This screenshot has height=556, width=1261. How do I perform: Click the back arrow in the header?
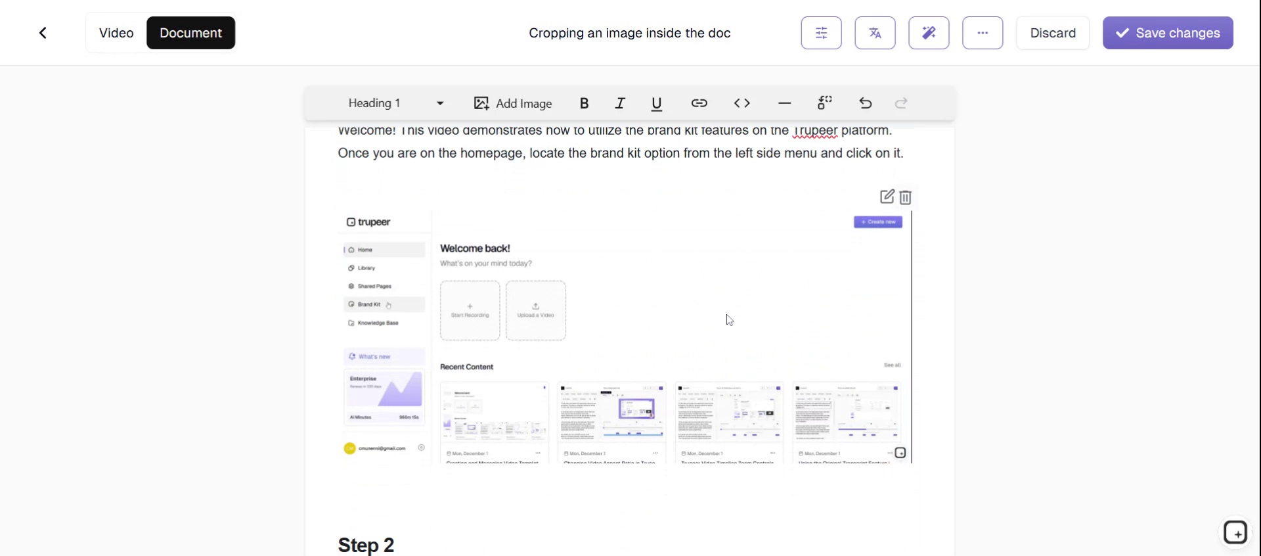pos(43,33)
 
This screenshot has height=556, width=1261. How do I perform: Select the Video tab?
pos(116,33)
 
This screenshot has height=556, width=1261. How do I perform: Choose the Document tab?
pos(190,33)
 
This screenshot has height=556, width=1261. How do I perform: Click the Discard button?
pos(1052,33)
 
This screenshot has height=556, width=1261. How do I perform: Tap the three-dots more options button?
pos(983,33)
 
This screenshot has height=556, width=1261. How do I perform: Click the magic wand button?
pos(929,33)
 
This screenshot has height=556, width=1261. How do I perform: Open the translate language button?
pos(875,33)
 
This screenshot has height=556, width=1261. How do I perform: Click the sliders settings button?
pos(821,33)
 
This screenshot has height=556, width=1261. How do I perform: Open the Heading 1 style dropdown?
pos(395,103)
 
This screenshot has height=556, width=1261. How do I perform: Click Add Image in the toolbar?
pos(513,103)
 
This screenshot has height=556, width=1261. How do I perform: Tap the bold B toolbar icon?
pos(584,103)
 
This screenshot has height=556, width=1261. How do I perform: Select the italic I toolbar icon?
pos(620,103)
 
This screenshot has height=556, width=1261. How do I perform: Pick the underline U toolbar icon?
pos(656,103)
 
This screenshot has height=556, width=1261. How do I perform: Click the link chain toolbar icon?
pos(699,103)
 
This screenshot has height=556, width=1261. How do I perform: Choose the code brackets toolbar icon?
pos(741,103)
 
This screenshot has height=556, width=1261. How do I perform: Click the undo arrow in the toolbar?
pos(865,103)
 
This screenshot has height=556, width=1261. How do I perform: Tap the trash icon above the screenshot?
pos(906,197)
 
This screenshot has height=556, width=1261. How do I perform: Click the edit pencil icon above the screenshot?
pos(887,197)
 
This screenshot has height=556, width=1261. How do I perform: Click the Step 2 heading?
pos(366,545)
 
